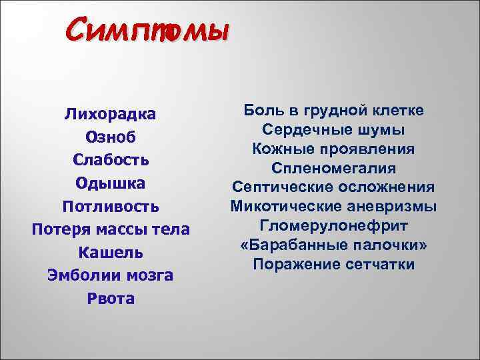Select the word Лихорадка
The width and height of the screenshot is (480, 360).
click(x=111, y=113)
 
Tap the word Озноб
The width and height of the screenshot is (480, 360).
click(x=111, y=137)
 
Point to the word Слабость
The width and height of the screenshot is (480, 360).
click(x=111, y=160)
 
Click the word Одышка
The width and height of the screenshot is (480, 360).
click(x=111, y=183)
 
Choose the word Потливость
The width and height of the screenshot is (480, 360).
click(x=111, y=206)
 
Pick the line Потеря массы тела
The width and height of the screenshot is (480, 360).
click(x=111, y=229)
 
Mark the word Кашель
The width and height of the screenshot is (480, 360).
click(x=111, y=253)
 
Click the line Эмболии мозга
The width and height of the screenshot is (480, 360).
click(x=111, y=275)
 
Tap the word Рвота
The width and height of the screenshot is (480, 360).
click(x=111, y=299)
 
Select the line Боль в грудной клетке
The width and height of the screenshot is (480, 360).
click(x=334, y=109)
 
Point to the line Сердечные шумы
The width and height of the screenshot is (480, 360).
click(x=334, y=129)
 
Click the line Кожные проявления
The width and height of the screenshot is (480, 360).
click(x=334, y=148)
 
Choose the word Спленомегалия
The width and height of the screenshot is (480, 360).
click(x=334, y=167)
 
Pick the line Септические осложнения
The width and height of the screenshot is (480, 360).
click(x=334, y=187)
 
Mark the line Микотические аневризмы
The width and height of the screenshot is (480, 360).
click(x=334, y=206)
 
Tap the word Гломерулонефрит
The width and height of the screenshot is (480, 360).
click(x=334, y=225)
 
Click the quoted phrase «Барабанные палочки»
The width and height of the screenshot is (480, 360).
click(x=334, y=245)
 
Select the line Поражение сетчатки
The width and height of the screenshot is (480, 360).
click(x=334, y=264)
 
